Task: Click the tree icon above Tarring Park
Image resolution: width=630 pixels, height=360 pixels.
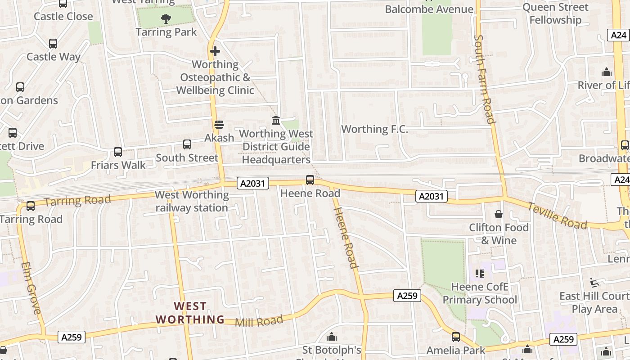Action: (166, 19)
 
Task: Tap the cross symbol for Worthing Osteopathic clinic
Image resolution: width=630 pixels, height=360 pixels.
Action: (215, 51)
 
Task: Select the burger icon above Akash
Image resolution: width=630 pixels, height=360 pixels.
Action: (219, 125)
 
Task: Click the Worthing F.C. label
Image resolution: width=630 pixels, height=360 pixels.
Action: (374, 129)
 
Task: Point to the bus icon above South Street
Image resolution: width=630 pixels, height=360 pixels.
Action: (187, 144)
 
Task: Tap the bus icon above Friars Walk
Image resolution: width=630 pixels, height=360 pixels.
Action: (118, 152)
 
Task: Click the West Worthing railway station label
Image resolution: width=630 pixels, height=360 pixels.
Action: (192, 201)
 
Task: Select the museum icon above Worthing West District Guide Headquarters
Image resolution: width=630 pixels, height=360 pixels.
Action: (276, 120)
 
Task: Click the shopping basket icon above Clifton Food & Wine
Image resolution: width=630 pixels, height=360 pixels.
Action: (499, 214)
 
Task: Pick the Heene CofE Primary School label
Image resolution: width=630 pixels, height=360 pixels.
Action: (480, 293)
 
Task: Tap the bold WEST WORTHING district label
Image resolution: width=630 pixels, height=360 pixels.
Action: (190, 313)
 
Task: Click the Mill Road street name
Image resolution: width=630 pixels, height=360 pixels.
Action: (259, 321)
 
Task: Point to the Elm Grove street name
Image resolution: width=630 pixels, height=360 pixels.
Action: (31, 288)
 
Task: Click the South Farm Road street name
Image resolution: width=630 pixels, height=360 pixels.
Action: (485, 79)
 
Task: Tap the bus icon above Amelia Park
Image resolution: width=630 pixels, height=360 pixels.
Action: (456, 337)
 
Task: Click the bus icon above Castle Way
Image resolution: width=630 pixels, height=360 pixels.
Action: (53, 44)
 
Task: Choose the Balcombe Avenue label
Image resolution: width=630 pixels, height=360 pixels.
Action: (429, 9)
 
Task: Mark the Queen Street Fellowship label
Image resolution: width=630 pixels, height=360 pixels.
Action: (555, 13)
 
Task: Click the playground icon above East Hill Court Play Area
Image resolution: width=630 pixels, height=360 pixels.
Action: (594, 282)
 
